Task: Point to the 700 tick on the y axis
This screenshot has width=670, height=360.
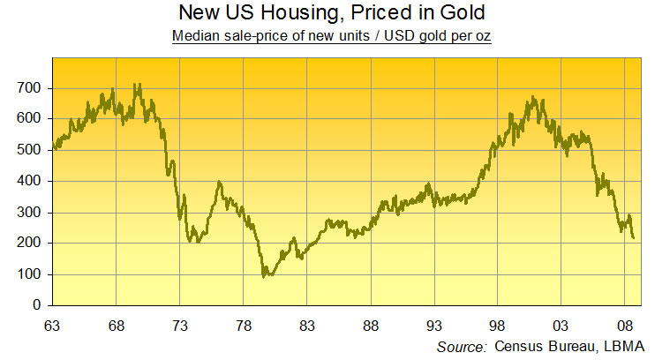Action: (x=31, y=88)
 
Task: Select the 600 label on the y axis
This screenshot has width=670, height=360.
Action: (x=31, y=119)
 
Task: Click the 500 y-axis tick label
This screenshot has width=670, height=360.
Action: (x=31, y=150)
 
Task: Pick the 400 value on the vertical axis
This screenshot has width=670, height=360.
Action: (x=31, y=181)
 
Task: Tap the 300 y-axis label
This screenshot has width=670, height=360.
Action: (x=31, y=213)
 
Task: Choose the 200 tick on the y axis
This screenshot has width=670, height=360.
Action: (x=31, y=244)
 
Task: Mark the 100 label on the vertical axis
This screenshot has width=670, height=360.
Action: (x=31, y=274)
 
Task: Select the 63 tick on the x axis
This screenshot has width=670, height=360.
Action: (x=53, y=325)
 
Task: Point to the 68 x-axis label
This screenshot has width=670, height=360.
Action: (x=116, y=325)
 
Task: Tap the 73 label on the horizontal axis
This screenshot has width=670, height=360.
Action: (x=179, y=325)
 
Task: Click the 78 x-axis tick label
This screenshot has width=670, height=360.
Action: (x=243, y=325)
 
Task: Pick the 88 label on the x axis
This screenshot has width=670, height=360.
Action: (x=371, y=325)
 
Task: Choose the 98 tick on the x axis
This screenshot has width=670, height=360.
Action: (x=498, y=325)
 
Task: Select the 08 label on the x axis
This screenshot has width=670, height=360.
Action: (x=625, y=325)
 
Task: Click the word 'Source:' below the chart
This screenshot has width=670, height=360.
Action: (x=462, y=346)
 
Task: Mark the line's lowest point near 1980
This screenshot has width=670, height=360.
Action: (x=264, y=276)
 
